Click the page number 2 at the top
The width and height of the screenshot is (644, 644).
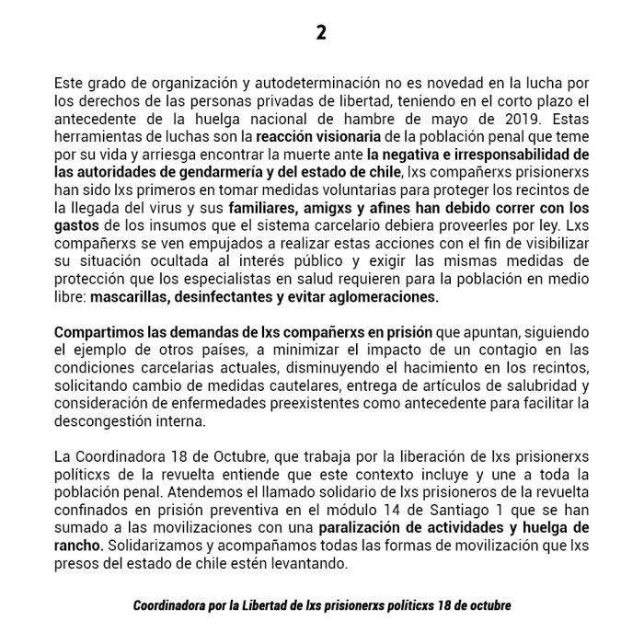click(x=321, y=32)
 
